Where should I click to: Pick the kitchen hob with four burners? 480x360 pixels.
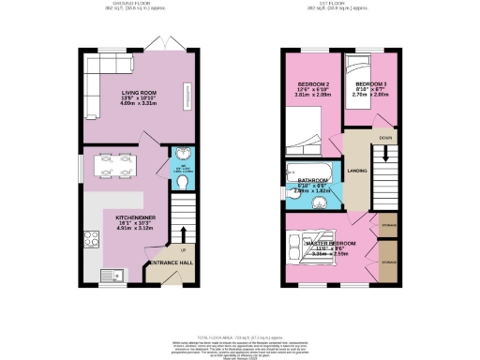click(94, 238)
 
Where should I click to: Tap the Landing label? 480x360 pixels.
click(356, 171)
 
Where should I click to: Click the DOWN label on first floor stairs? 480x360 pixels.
click(384, 139)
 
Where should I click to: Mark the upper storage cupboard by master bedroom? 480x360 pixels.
click(384, 226)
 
